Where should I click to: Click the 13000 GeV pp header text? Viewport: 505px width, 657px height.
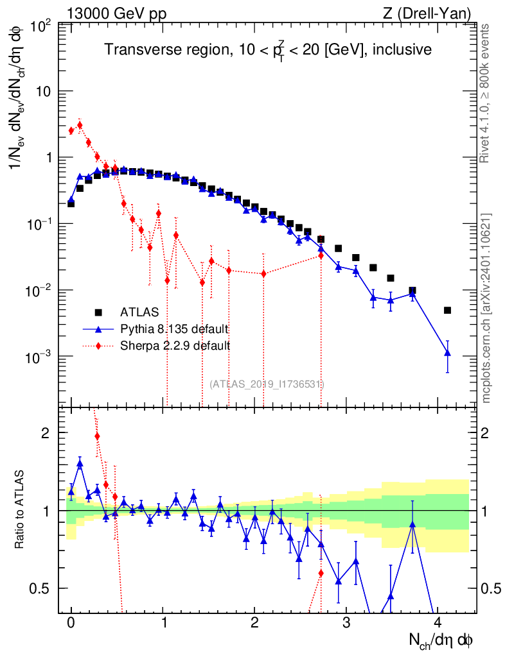(116, 14)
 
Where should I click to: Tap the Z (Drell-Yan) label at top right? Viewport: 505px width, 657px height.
(427, 14)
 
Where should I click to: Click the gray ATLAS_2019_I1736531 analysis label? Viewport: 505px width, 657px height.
(267, 384)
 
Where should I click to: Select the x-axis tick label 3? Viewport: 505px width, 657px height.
(346, 622)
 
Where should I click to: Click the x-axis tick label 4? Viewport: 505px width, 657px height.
(438, 622)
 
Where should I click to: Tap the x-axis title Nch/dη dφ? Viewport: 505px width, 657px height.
(440, 641)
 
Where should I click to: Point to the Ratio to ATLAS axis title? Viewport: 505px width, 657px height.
(19, 509)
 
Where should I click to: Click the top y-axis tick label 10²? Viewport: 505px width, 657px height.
(41, 28)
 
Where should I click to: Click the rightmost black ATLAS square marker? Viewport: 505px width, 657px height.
(448, 310)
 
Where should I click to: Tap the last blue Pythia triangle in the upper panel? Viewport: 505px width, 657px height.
(448, 353)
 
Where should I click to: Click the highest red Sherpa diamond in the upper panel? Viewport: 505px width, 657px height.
(80, 125)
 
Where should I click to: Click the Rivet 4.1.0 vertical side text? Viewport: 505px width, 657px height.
(484, 94)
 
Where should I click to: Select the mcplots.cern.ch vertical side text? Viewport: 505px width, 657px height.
(485, 307)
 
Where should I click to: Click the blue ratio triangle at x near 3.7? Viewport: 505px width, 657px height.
(412, 524)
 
